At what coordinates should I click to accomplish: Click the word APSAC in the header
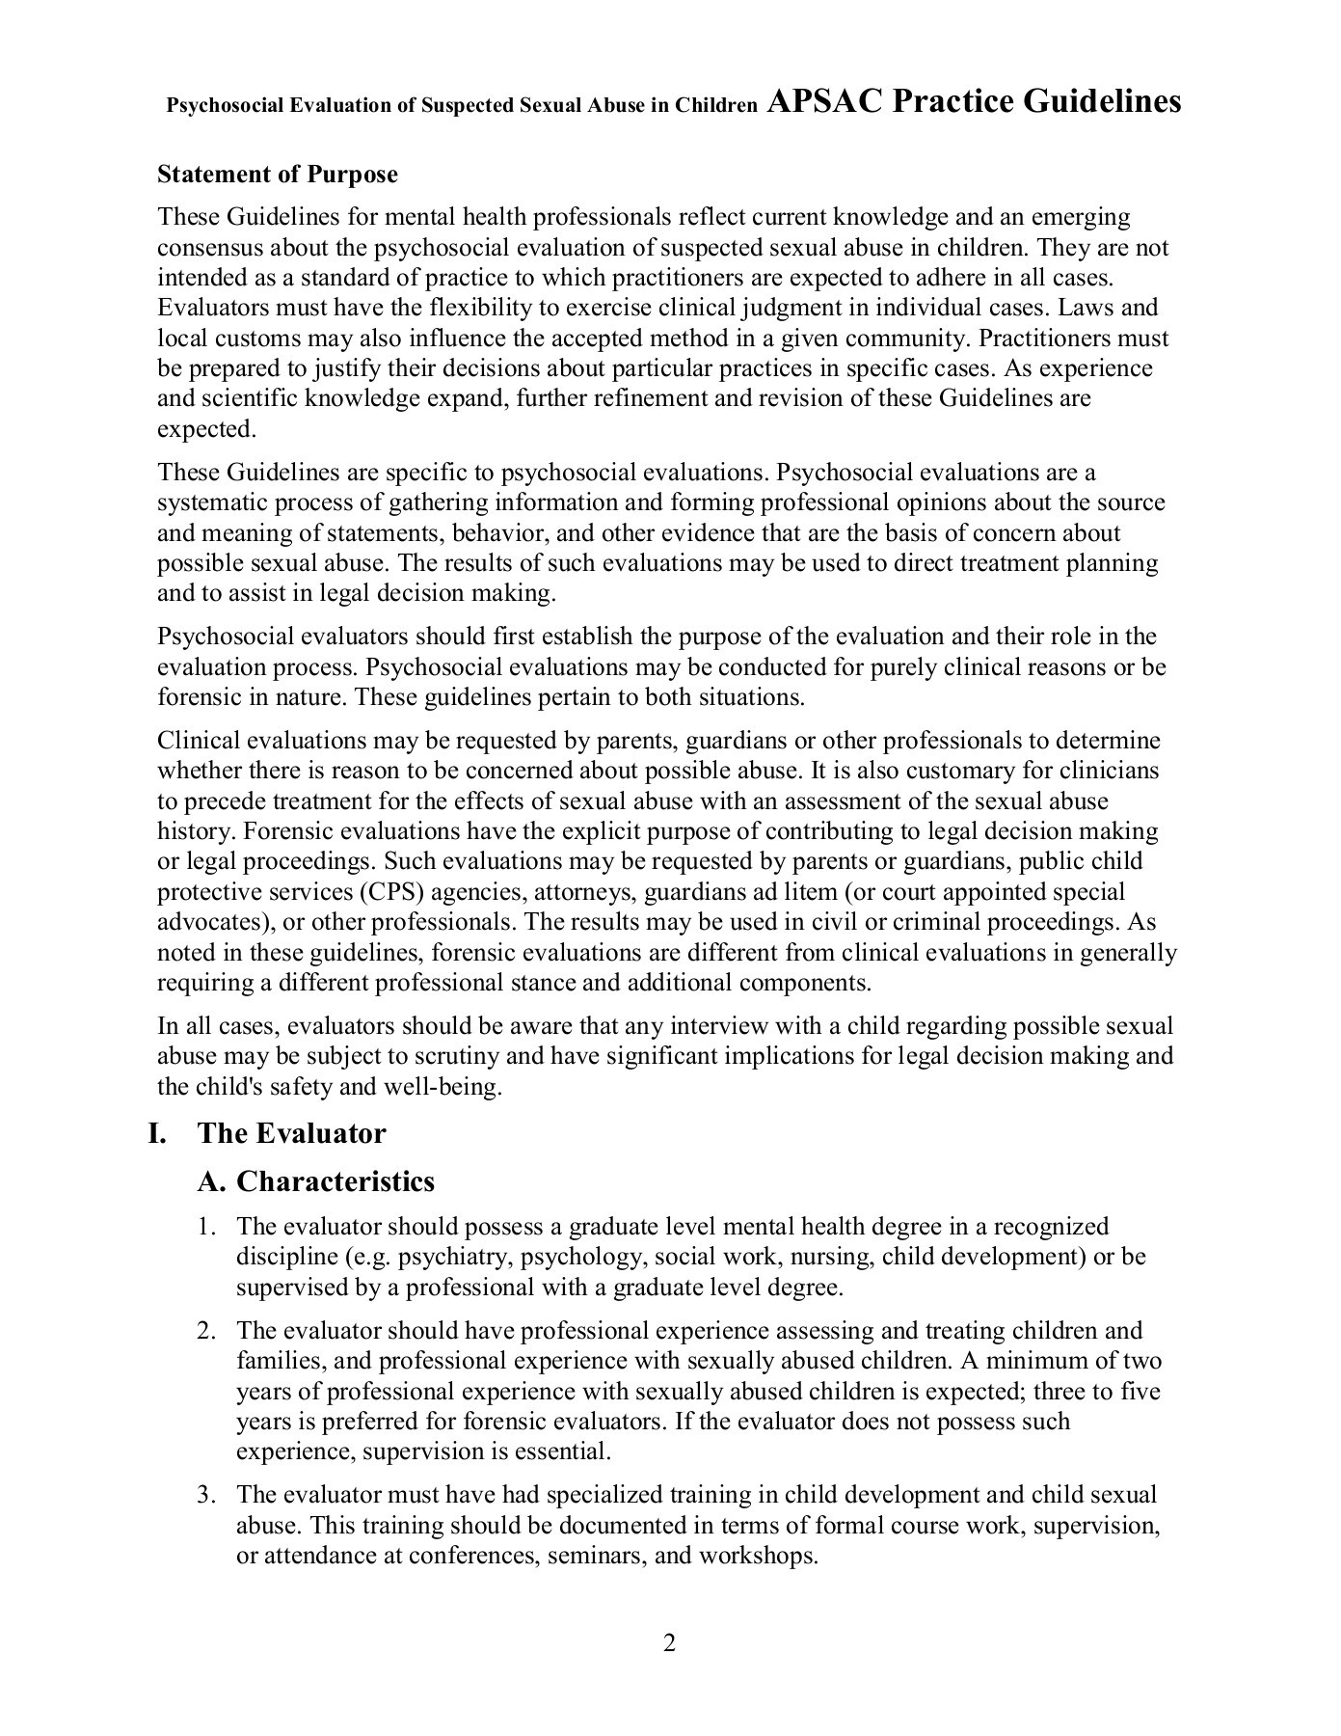(x=824, y=101)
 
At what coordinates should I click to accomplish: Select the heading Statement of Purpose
(x=277, y=175)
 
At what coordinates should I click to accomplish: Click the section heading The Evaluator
(x=291, y=1133)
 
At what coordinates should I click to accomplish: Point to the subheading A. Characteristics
(x=316, y=1181)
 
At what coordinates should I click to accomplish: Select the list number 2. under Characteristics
(x=204, y=1331)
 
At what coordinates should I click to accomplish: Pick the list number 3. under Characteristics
(x=204, y=1495)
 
